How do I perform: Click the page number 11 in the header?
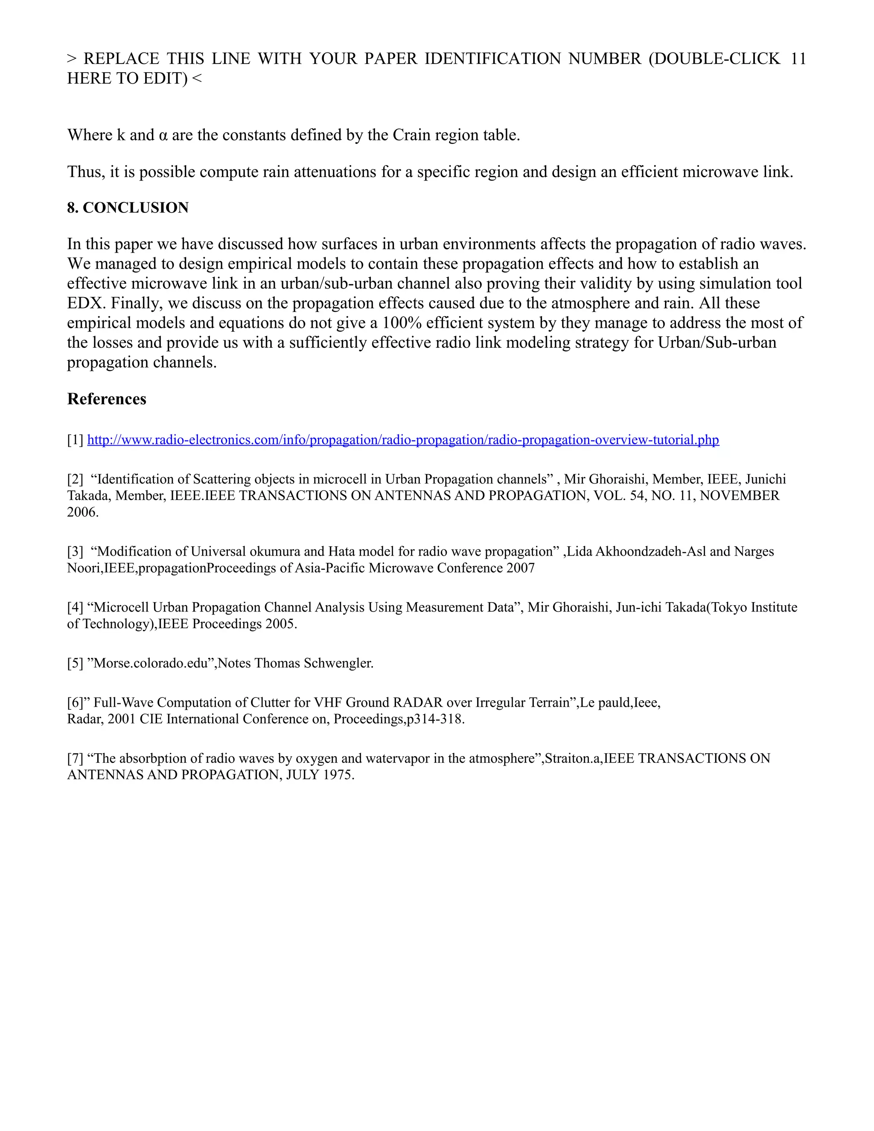point(798,58)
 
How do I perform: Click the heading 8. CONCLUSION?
point(128,208)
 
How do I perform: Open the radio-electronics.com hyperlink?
point(403,440)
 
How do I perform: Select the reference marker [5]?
point(76,663)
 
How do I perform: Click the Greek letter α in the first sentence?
point(163,135)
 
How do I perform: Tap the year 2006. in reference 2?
point(83,512)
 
